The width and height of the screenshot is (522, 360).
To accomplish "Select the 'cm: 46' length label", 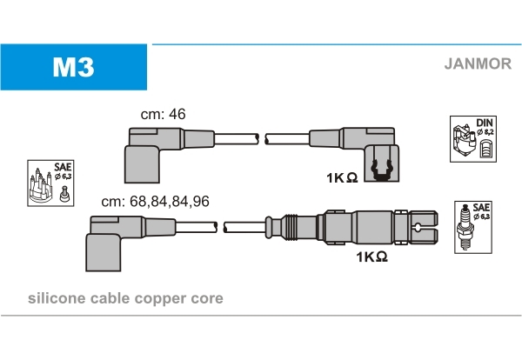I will tap(163, 114).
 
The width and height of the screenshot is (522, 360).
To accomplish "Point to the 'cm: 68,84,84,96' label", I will tap(155, 201).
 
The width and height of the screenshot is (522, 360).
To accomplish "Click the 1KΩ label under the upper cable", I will tap(342, 178).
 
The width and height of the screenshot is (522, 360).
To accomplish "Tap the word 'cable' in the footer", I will tap(110, 298).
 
